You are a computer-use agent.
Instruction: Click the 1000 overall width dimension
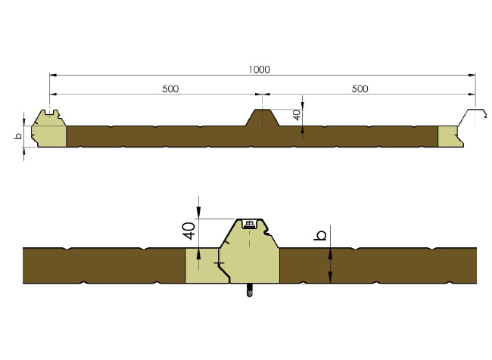point(259,70)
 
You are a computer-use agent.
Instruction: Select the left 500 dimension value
point(170,88)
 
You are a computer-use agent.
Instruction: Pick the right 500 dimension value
point(360,88)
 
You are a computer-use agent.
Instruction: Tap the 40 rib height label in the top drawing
point(297,116)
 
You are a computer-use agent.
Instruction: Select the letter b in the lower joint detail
point(320,236)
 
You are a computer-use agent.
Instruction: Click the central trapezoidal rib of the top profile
point(262,119)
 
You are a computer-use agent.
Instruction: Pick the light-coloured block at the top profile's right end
point(448,135)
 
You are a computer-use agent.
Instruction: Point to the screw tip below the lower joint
point(250,294)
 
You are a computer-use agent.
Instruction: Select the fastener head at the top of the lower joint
point(249,223)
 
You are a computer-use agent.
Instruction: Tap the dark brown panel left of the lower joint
point(102,265)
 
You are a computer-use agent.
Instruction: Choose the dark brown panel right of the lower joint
point(378,265)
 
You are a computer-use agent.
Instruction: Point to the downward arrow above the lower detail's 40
point(198,213)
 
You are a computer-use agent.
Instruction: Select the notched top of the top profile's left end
point(50,115)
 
